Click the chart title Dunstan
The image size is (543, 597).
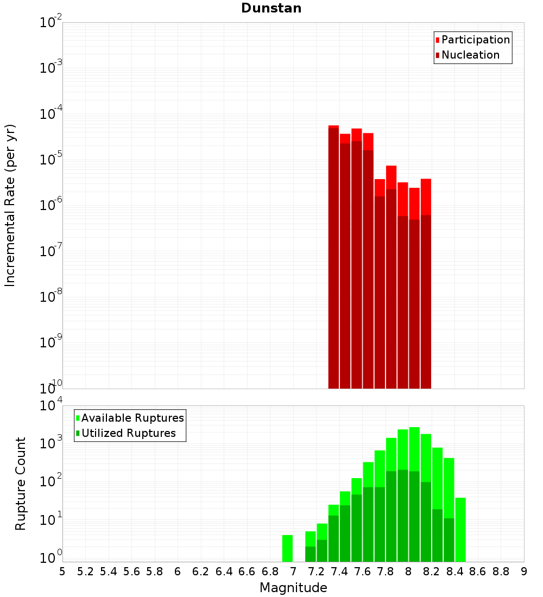271,8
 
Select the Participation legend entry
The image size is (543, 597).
475,40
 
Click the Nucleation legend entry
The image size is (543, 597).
470,55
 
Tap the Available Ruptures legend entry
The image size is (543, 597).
132,418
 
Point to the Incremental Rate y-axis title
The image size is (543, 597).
10,205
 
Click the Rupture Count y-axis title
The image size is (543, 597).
21,483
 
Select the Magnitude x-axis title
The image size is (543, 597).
293,588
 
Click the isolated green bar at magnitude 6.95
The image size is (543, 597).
287,548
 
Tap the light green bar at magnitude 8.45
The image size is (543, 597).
460,529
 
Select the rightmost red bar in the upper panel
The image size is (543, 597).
426,282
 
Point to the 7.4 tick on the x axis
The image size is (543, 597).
339,571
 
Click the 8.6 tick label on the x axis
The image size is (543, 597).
478,571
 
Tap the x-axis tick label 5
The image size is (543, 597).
62,571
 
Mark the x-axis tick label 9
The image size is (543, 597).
524,571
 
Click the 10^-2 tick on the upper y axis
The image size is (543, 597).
51,23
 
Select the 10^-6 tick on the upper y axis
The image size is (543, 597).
51,206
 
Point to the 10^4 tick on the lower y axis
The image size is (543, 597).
51,406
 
